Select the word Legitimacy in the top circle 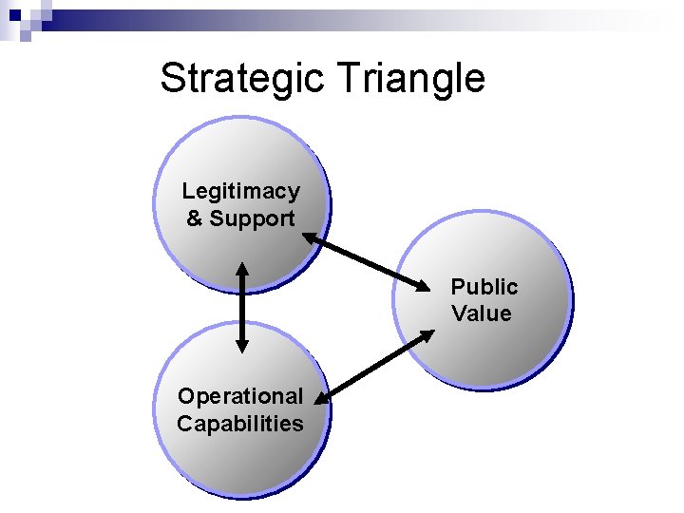[x=240, y=191]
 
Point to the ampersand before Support [x=195, y=218]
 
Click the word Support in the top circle [x=253, y=218]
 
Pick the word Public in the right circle [x=484, y=286]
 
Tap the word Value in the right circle [x=481, y=313]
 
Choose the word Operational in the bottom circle [x=240, y=395]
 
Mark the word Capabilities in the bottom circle [x=240, y=424]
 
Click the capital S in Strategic [x=174, y=78]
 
